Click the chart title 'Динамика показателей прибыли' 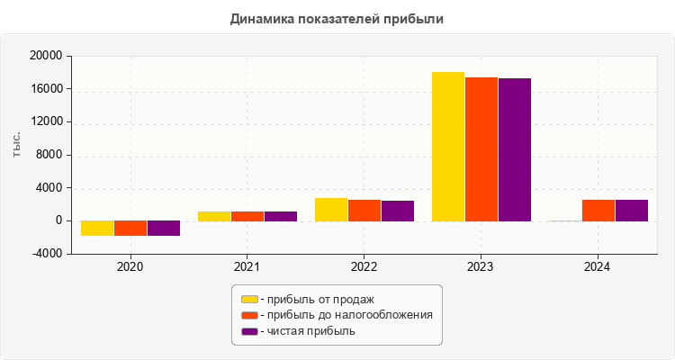pos(337,18)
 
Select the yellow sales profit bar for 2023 pos(448,146)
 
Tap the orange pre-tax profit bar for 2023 pos(481,148)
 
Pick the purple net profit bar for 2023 pos(515,149)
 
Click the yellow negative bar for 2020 pos(97,228)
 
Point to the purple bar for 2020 pos(164,228)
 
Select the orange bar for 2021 pos(247,216)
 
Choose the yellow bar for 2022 pos(331,210)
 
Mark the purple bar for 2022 pos(398,211)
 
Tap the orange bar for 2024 pos(598,211)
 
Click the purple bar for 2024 pos(632,211)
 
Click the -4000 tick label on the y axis pos(47,254)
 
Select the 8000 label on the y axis pos(49,155)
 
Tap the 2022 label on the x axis pos(364,267)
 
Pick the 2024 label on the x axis pos(598,267)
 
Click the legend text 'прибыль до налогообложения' pos(346,315)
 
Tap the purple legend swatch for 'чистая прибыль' pos(249,331)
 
